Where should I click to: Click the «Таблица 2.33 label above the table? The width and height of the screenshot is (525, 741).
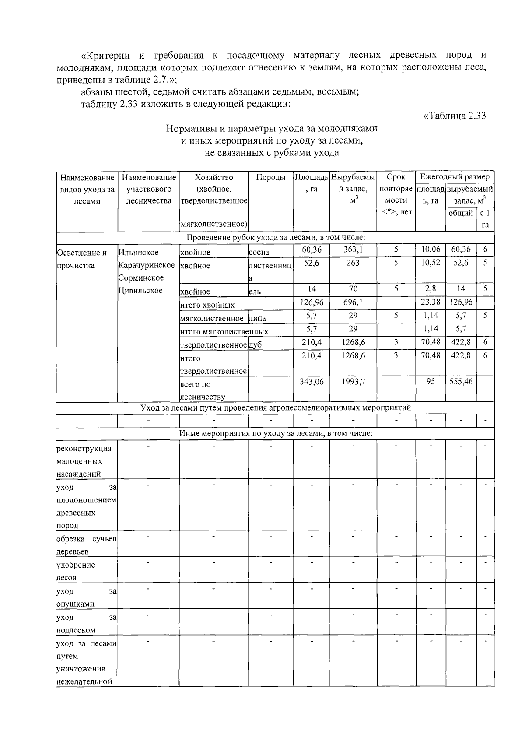click(x=455, y=116)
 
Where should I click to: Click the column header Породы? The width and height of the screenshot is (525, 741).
click(x=270, y=177)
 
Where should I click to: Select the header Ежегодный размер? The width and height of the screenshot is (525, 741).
click(x=455, y=177)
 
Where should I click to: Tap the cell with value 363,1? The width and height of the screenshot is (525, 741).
click(x=353, y=249)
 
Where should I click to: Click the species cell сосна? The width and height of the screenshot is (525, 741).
click(x=259, y=253)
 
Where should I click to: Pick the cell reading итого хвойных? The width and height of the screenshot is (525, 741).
click(x=207, y=305)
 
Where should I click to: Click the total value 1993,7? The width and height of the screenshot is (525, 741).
click(x=353, y=382)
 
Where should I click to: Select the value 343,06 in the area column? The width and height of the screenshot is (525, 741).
click(x=311, y=382)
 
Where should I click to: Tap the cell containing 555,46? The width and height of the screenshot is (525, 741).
click(x=461, y=382)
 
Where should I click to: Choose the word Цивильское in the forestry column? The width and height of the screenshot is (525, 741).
click(x=140, y=291)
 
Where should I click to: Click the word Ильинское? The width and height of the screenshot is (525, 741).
click(x=139, y=253)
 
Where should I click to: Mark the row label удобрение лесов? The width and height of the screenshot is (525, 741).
click(x=76, y=571)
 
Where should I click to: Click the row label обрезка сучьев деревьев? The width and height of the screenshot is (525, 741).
click(x=87, y=545)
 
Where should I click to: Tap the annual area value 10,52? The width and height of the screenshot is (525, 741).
click(x=430, y=263)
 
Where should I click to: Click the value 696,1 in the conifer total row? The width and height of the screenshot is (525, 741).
click(x=353, y=302)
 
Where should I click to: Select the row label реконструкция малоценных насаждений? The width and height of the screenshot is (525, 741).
click(x=84, y=461)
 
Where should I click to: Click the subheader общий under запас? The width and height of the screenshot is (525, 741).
click(x=461, y=213)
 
